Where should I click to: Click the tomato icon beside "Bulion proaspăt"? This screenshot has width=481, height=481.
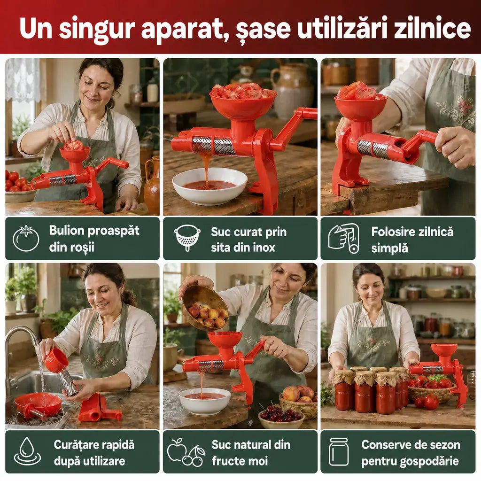pos(26,238)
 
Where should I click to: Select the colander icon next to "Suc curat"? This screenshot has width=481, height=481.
pos(187,238)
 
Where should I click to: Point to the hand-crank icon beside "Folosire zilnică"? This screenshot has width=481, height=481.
pos(344,238)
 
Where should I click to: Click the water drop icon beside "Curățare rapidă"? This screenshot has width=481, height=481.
pos(27,451)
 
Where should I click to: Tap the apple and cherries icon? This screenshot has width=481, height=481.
pos(186,452)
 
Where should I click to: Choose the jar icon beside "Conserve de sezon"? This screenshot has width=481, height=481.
pos(339,451)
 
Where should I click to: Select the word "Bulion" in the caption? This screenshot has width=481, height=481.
pos(67,230)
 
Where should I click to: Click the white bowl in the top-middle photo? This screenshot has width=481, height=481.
pos(210,186)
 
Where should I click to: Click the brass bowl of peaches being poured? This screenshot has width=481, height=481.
pos(205,308)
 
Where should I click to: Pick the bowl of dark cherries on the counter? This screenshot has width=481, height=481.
pos(281,417)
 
